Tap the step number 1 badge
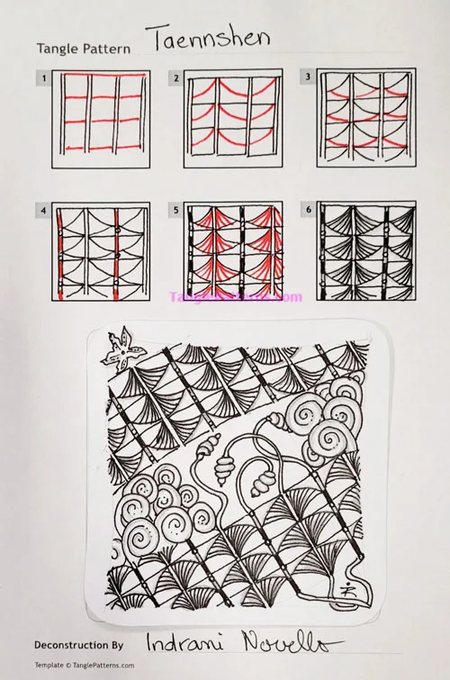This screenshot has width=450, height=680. coord(41,78)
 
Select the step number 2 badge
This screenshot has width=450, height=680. coord(175,78)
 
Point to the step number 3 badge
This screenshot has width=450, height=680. coord(307,78)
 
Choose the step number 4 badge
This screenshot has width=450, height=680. coord(41,211)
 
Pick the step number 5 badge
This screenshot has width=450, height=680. coord(175,211)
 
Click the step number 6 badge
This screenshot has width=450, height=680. coord(307,211)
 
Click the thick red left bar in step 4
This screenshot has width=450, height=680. coord(58,252)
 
